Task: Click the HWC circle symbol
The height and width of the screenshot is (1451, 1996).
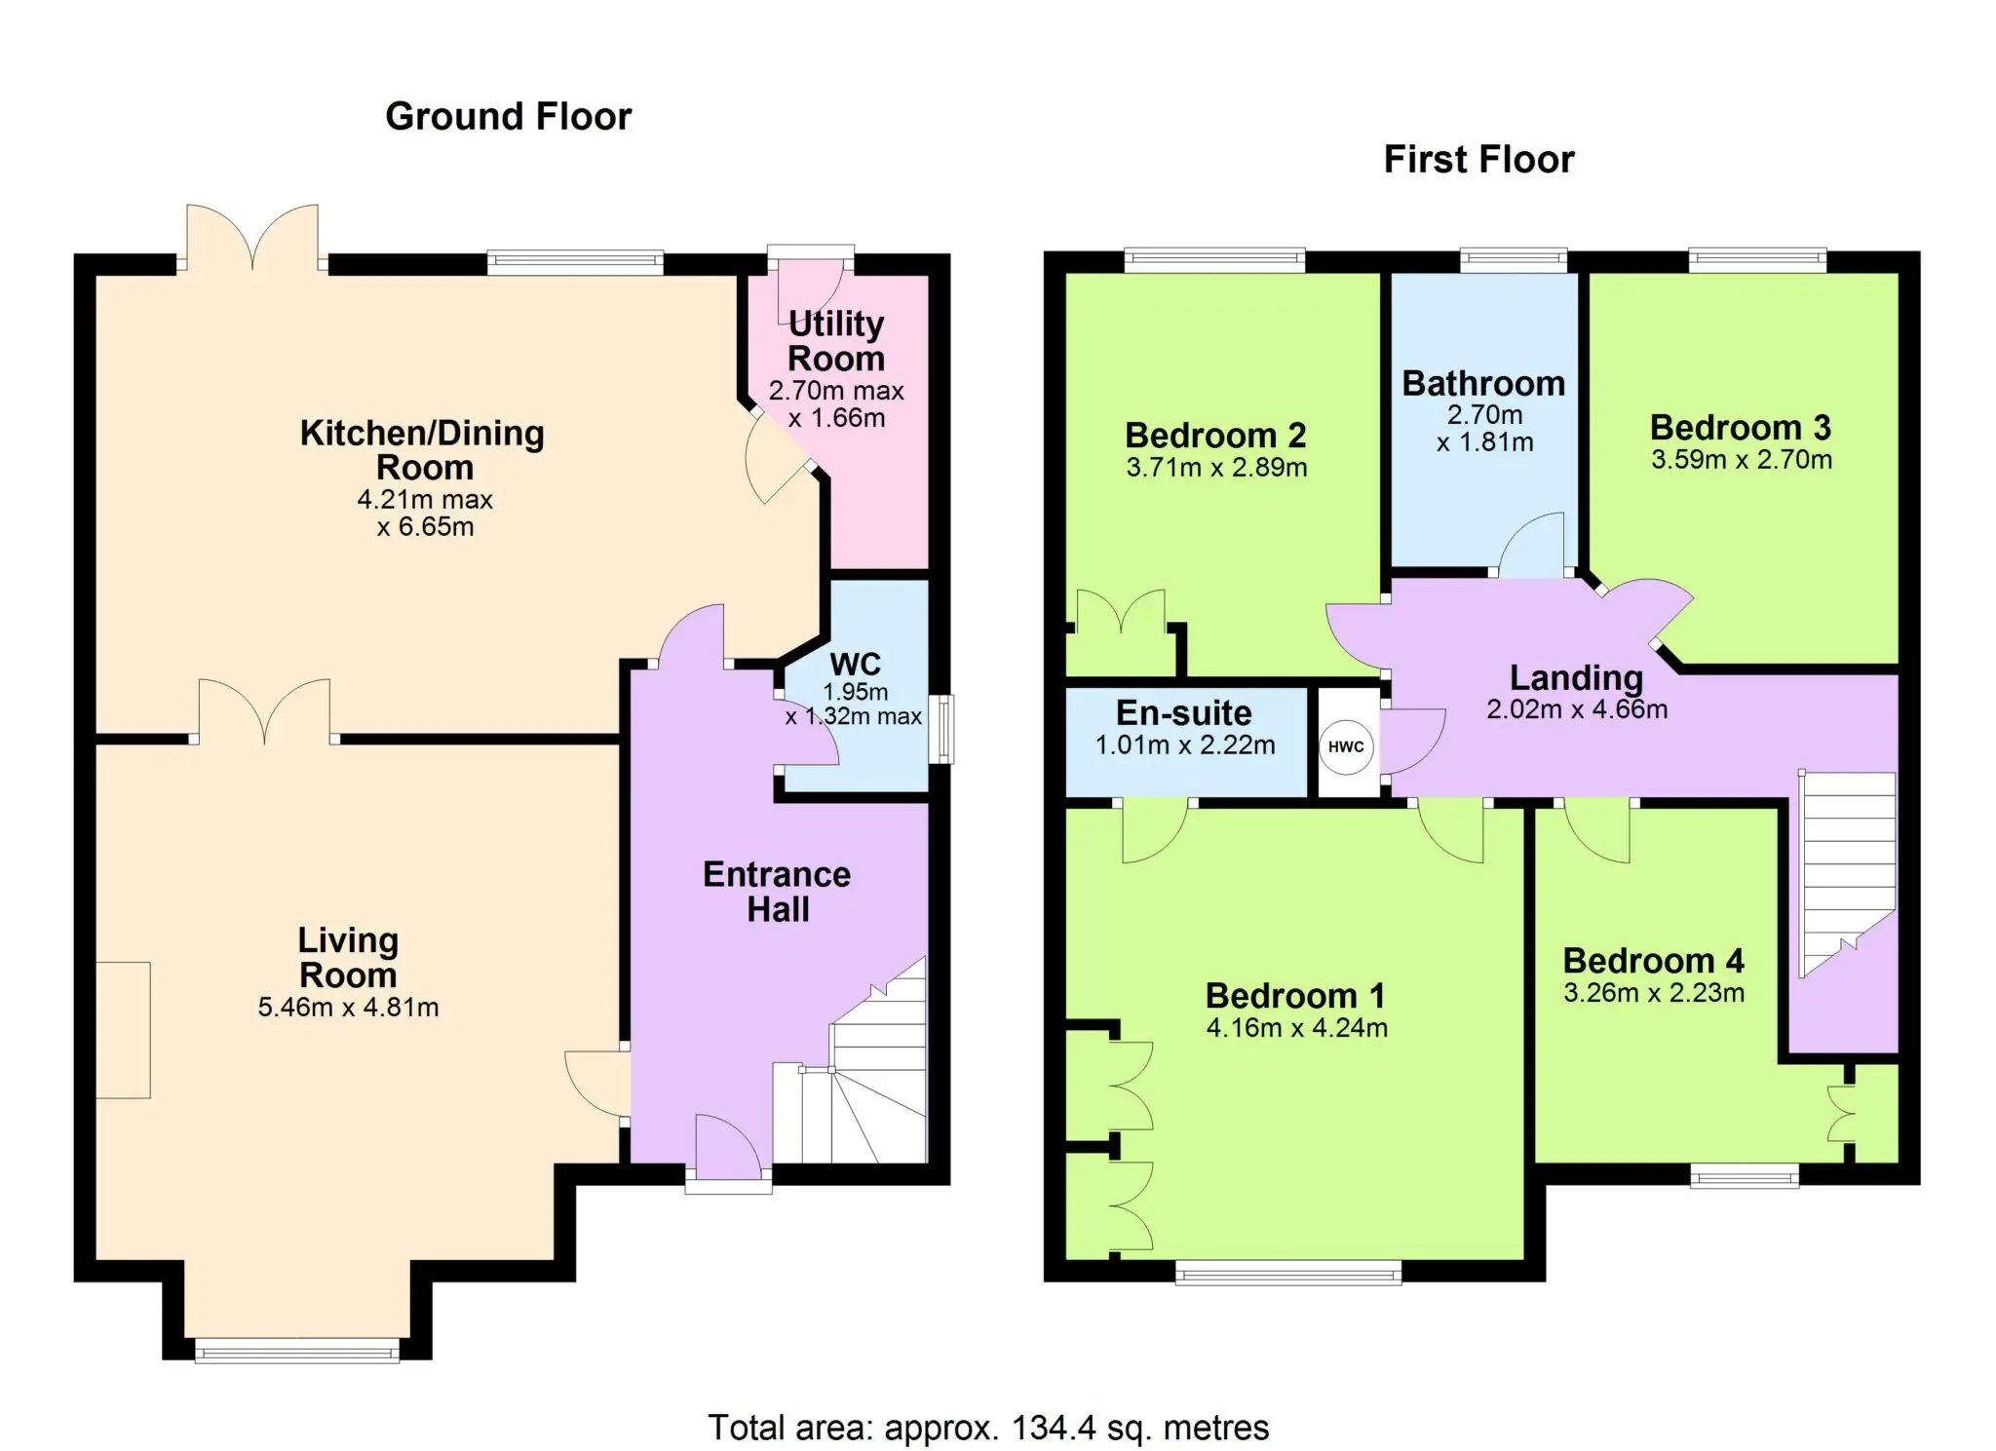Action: tap(1346, 746)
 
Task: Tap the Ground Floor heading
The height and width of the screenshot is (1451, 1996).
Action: tap(509, 117)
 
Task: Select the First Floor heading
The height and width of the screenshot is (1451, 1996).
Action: tap(1478, 160)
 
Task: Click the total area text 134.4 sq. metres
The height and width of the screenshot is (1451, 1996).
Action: tap(1140, 1428)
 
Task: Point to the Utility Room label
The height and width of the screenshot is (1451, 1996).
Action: tap(836, 341)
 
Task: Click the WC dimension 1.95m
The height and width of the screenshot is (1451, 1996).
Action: tap(856, 692)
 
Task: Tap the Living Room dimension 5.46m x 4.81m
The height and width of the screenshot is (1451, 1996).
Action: tap(348, 1008)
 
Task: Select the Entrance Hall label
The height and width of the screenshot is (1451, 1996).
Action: tap(777, 892)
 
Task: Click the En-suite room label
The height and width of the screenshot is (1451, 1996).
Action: tap(1184, 713)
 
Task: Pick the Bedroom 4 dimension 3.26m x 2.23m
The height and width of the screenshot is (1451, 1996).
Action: tap(1654, 993)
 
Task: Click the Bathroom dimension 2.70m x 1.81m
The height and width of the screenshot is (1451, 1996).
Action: tap(1484, 429)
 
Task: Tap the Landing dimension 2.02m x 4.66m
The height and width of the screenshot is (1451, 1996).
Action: tap(1577, 709)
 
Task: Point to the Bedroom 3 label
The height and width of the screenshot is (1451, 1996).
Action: tap(1741, 427)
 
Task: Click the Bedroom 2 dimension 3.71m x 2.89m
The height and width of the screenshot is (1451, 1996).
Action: tap(1216, 468)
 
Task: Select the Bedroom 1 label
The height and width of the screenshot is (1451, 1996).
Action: tap(1295, 996)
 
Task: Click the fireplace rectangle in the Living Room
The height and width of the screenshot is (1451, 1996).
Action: tap(123, 1030)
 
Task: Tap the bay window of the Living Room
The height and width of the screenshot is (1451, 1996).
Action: tap(296, 1351)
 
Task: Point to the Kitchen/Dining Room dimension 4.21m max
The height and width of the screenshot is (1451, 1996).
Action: tap(425, 500)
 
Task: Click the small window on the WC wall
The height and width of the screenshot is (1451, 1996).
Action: tap(941, 729)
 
